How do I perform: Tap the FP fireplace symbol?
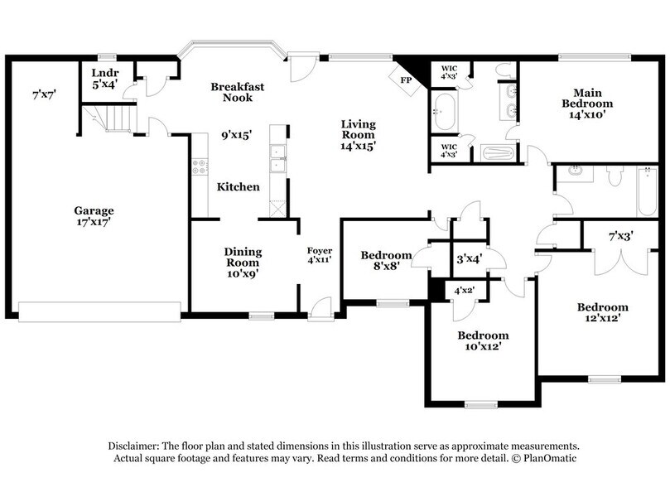406,81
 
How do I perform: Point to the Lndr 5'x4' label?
105,78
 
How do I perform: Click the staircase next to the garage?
115,118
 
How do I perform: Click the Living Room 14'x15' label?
358,135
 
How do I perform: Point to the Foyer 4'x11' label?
320,256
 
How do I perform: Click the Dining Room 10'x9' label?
243,263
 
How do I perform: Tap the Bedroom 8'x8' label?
386,261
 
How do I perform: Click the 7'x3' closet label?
620,236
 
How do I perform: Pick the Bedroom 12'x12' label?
602,312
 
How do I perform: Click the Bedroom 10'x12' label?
483,341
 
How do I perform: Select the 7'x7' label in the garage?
44,94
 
